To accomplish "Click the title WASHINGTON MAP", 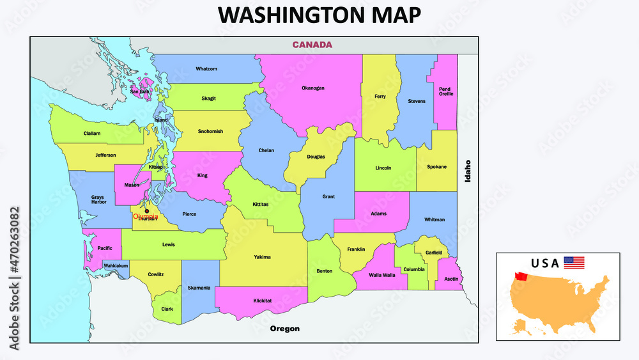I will coord(319,15).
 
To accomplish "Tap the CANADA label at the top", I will coord(312,45).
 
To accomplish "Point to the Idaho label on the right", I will coord(468,171).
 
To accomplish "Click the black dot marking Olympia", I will coord(146,211).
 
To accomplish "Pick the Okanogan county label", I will coord(313,88).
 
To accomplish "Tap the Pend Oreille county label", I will coord(445,91).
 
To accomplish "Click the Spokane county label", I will coord(436,167).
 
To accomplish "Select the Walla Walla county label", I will coord(383,275).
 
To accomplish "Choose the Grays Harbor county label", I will coord(98,200).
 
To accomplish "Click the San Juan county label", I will coord(139,91).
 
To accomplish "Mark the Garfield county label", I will coord(434,253).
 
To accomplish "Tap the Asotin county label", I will coord(451,279).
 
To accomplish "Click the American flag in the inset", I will coord(574,262).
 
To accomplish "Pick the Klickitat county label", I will coord(262,301).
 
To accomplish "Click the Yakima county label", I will coord(262,257).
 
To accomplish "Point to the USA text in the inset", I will coord(545,263).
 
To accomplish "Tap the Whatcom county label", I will coord(206,69).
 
